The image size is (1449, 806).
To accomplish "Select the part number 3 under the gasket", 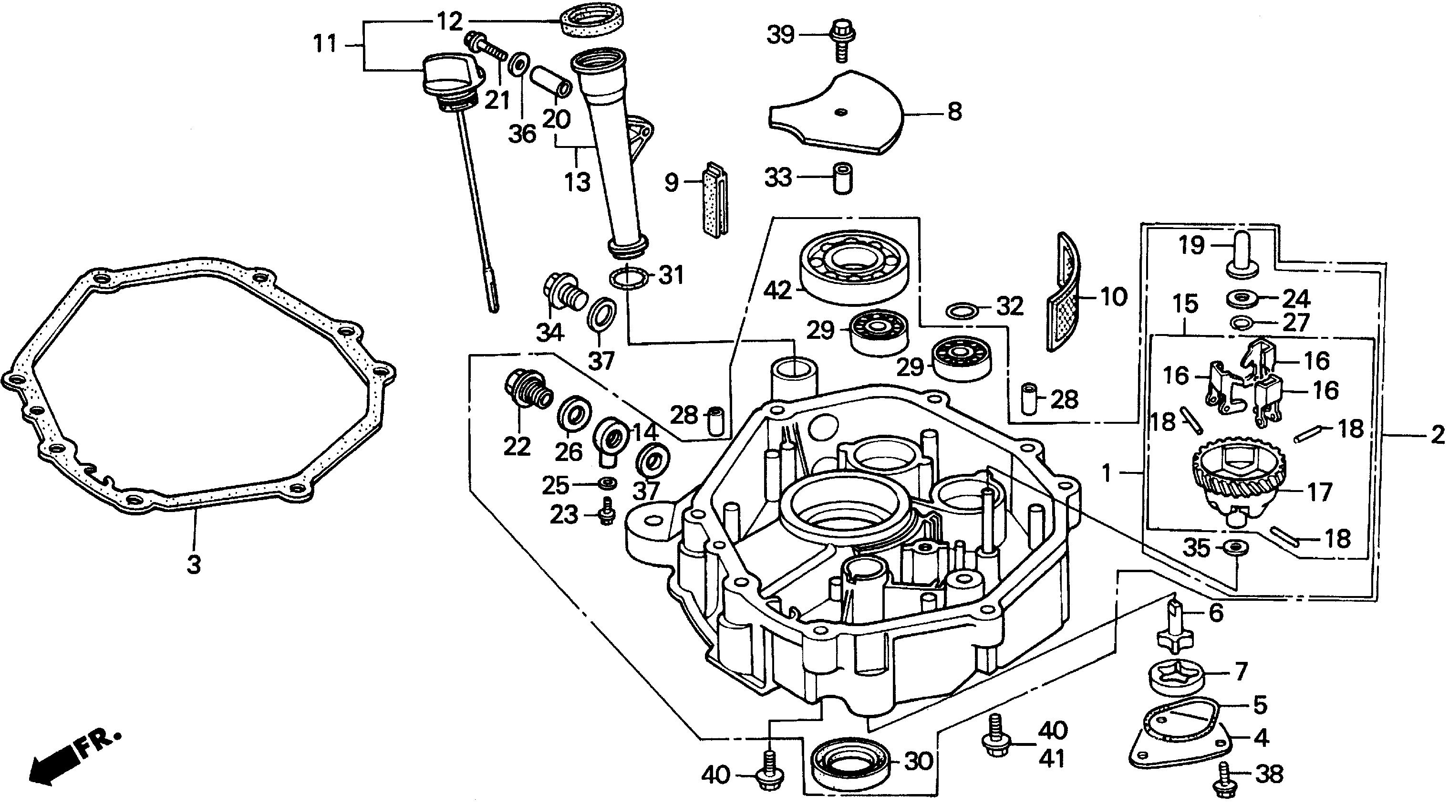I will (x=194, y=564).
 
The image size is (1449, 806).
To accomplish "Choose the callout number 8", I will (x=954, y=112).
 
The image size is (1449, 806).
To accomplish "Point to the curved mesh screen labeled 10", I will (x=1063, y=293).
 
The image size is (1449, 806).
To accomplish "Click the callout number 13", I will (x=578, y=183).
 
